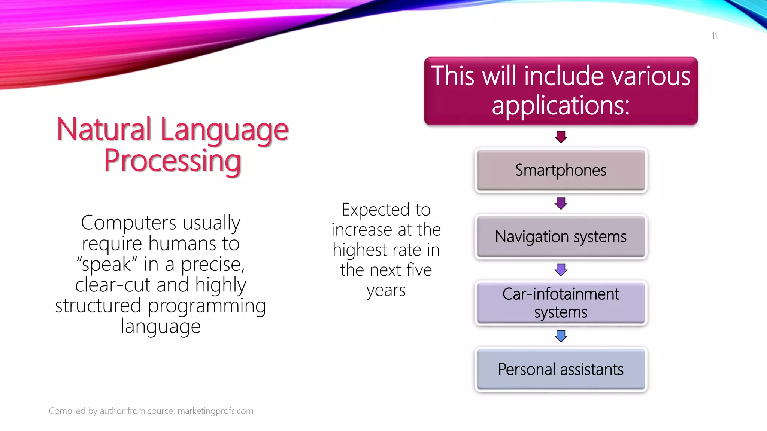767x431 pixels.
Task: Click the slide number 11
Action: tap(715, 36)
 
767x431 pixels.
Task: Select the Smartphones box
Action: tap(561, 170)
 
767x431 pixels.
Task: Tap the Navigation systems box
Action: tap(561, 236)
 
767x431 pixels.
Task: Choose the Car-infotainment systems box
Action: tap(561, 303)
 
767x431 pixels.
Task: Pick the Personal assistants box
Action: tap(561, 369)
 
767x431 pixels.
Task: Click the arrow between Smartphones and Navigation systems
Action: tap(561, 203)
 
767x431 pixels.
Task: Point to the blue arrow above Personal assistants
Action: tap(561, 336)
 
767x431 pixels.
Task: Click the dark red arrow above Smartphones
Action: tap(561, 137)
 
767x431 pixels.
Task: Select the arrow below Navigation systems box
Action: tap(561, 269)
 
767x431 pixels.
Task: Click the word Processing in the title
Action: tap(172, 161)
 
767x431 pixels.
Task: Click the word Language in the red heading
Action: tap(225, 130)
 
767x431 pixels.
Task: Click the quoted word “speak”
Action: tap(107, 264)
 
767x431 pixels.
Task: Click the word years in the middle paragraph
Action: tap(386, 290)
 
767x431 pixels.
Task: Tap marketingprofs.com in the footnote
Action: tap(215, 411)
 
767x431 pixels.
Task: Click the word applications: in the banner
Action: tap(561, 105)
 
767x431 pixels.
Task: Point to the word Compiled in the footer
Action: tap(67, 411)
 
